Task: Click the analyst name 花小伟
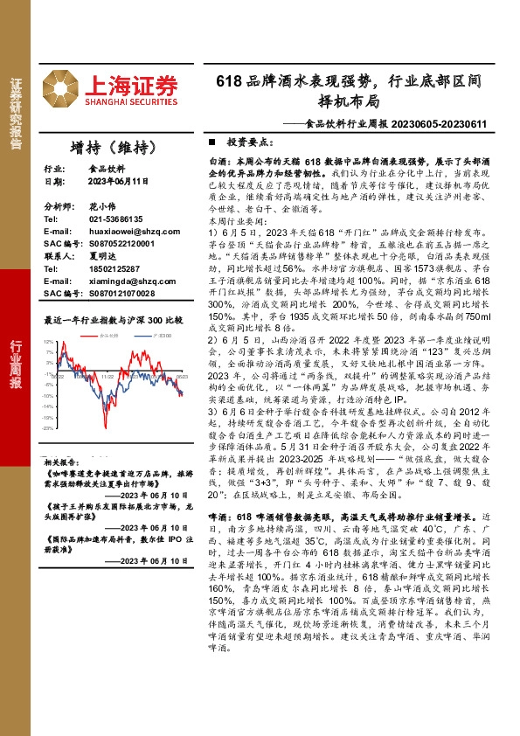tap(102, 205)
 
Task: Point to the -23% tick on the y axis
tap(49, 428)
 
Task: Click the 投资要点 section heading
tap(249, 141)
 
